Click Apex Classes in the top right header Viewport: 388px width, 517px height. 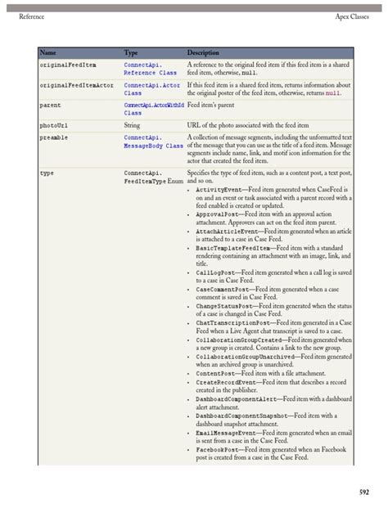[354, 16]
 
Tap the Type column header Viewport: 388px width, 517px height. [131, 52]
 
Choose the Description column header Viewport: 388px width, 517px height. [203, 52]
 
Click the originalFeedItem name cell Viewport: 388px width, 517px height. [68, 64]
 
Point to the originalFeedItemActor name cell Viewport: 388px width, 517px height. [77, 84]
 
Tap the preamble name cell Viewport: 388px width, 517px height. [55, 137]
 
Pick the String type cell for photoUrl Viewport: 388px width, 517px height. [132, 126]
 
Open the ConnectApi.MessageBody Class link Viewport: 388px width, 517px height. [152, 142]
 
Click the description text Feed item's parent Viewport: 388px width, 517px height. [217, 106]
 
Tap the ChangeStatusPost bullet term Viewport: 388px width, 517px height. [228, 305]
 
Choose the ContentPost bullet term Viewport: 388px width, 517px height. [221, 373]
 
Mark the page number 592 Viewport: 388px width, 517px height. [363, 492]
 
